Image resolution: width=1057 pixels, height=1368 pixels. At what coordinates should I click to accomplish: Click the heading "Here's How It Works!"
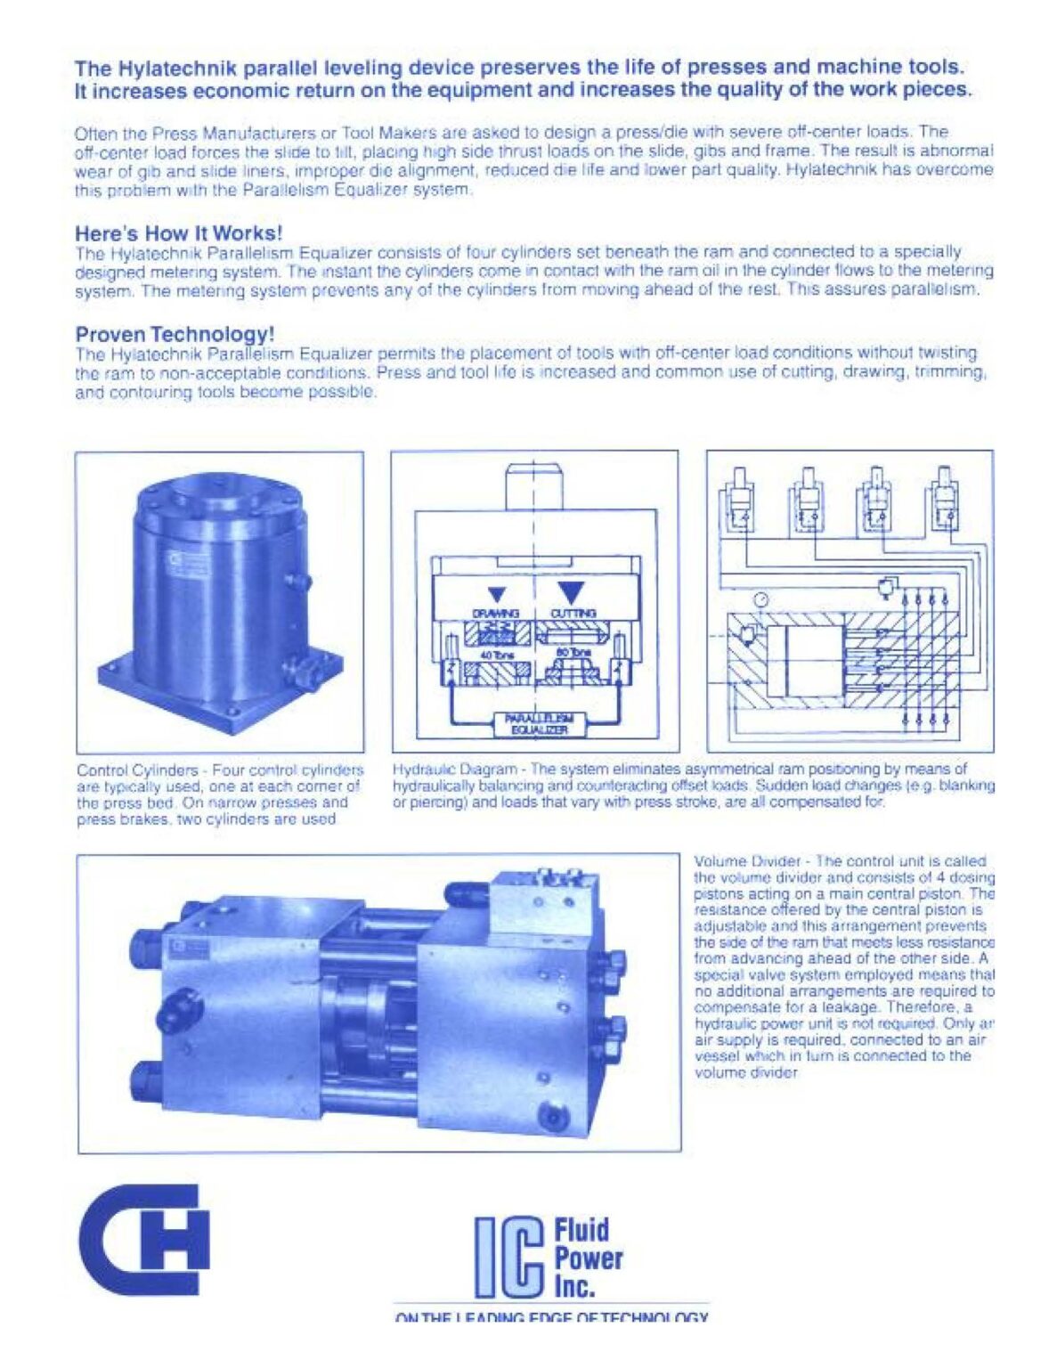(x=178, y=233)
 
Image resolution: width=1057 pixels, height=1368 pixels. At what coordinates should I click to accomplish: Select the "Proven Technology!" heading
(x=175, y=335)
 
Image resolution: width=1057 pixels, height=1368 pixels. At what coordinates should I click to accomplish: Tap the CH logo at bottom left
(x=143, y=1239)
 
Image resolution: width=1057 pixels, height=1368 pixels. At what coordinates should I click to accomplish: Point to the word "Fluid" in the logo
(x=581, y=1230)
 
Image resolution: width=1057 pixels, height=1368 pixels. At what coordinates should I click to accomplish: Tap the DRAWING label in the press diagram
(x=495, y=614)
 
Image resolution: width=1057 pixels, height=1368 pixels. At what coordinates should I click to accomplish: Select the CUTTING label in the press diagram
(x=573, y=614)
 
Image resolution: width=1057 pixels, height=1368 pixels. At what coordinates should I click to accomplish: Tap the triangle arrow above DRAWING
(x=496, y=594)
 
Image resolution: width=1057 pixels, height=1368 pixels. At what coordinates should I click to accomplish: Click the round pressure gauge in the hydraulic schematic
(x=760, y=599)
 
